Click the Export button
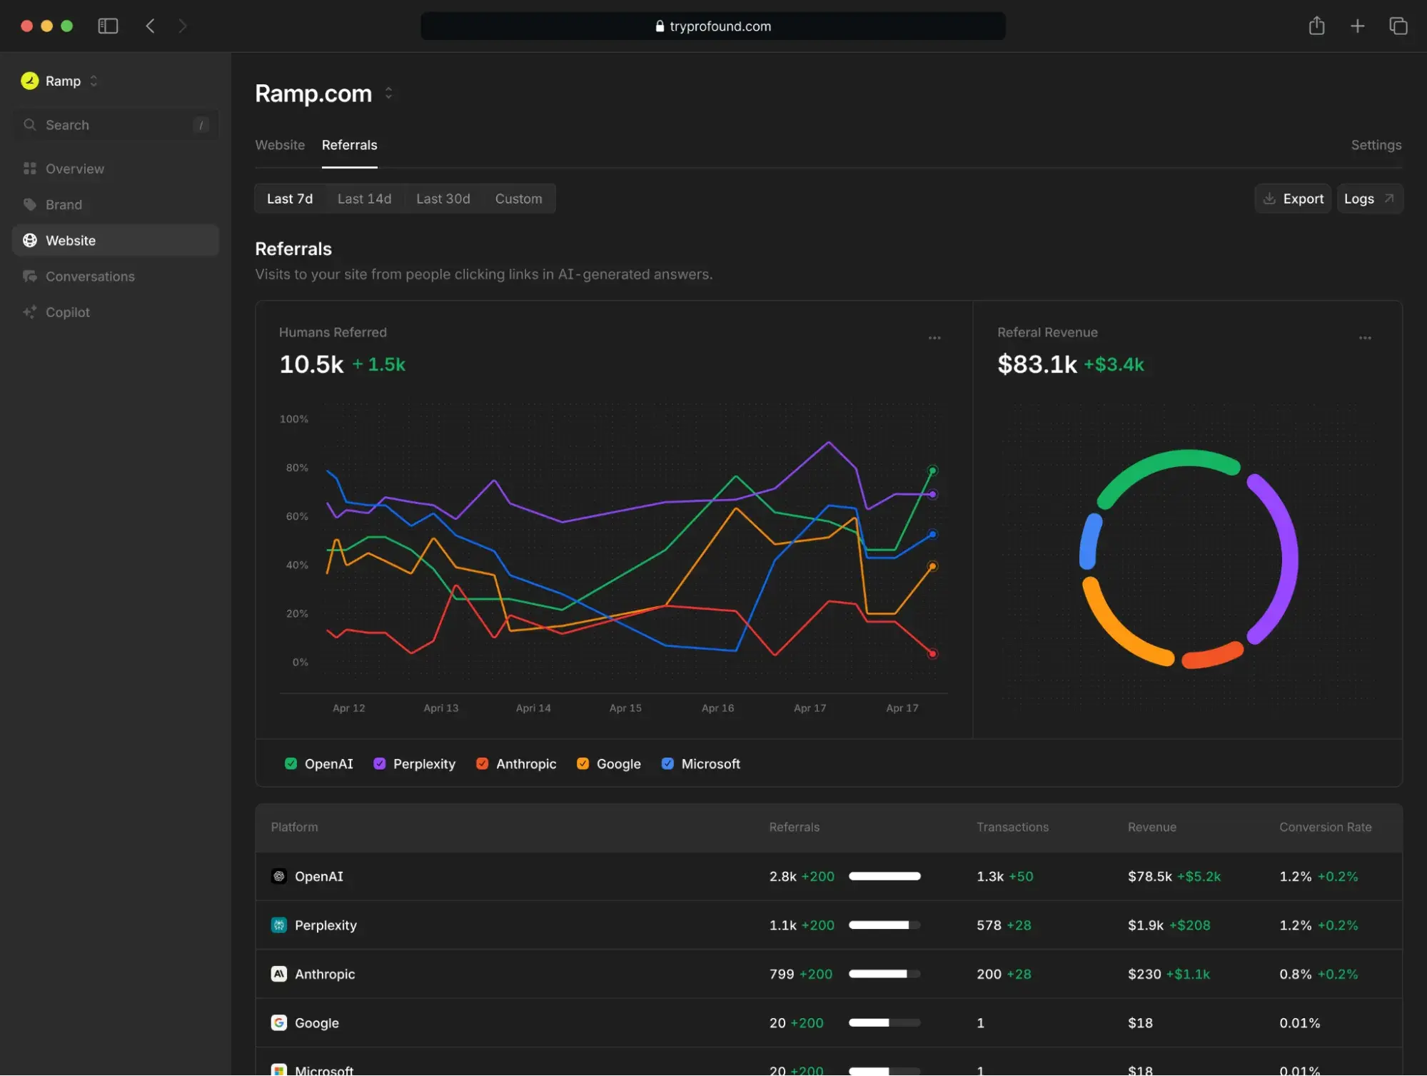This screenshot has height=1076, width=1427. click(1293, 198)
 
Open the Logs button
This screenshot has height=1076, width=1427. click(1368, 198)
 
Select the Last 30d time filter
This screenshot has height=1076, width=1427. click(443, 198)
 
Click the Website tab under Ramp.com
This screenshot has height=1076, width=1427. click(280, 145)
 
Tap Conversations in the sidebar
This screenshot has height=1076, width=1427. click(90, 276)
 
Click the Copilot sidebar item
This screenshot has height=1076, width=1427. click(68, 312)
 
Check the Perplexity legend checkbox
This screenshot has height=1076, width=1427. click(380, 763)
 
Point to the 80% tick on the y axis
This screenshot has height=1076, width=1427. click(297, 468)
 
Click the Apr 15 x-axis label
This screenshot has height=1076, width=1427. click(625, 708)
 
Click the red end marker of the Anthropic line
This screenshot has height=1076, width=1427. click(932, 653)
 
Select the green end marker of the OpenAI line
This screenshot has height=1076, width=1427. click(932, 471)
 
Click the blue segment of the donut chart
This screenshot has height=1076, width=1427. click(1089, 541)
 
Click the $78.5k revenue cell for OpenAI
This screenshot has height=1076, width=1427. click(1149, 876)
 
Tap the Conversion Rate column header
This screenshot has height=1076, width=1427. click(1325, 827)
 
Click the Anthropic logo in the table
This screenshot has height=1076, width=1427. click(279, 974)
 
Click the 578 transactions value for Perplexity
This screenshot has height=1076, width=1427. click(989, 925)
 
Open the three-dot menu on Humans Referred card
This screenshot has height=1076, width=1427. click(934, 338)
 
